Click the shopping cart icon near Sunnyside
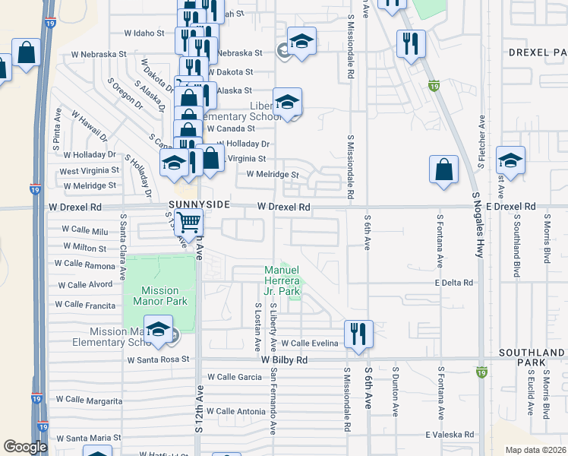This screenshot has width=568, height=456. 188,223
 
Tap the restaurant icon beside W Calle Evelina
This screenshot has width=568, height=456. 357,333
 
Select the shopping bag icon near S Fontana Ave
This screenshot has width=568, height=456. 443,169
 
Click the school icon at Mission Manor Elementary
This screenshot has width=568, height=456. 158,328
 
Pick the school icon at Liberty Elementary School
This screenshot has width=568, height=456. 287,102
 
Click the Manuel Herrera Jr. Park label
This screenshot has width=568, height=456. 282,280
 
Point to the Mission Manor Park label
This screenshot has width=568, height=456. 159,296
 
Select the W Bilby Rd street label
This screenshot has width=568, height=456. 284,359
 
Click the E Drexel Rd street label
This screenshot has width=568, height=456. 511,207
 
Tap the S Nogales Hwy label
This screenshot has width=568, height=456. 478,225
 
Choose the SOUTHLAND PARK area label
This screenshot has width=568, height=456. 532,359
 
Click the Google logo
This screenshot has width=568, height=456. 25,446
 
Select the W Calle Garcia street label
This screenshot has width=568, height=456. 234,377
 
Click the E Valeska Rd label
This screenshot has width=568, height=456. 449,434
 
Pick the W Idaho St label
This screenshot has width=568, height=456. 144,33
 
